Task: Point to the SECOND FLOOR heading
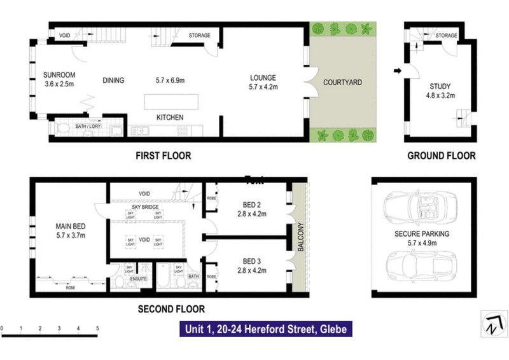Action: (171, 310)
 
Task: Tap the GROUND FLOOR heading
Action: (441, 155)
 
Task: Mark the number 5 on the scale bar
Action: (97, 329)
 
